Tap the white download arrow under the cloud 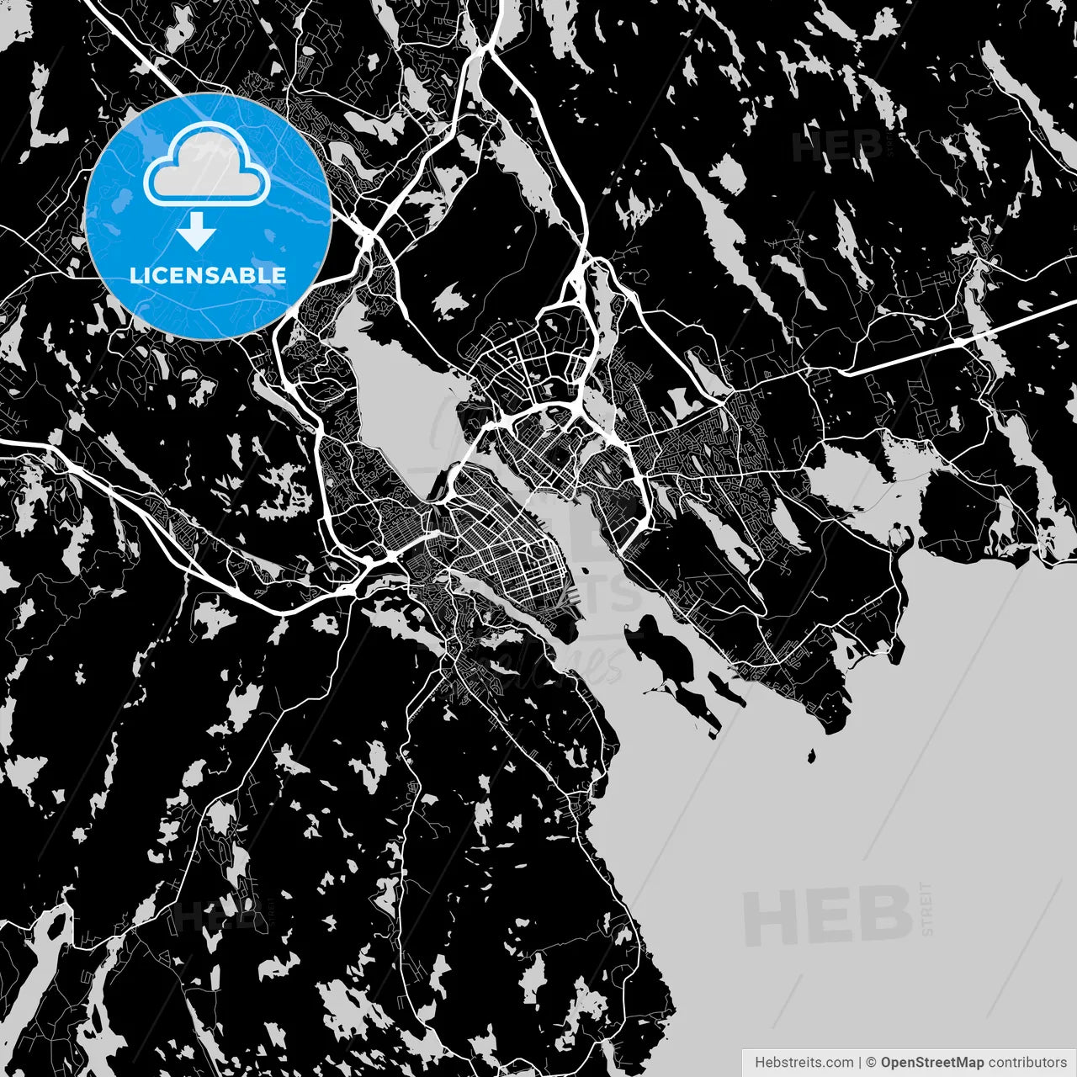[197, 231]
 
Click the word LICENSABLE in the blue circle [208, 275]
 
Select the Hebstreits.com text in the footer [804, 1062]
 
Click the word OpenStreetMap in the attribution [931, 1062]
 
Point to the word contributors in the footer [1027, 1062]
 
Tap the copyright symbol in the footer [871, 1062]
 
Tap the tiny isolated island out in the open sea [811, 756]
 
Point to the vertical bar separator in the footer [859, 1062]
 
